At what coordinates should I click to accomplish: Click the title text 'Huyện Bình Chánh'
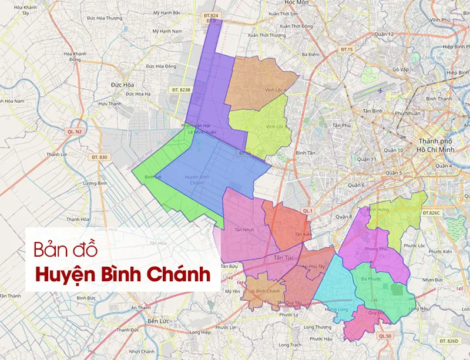point(122,274)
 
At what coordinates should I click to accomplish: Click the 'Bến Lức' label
point(159,321)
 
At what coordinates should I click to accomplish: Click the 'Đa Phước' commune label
point(372,279)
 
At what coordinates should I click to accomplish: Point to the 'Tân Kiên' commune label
point(303,234)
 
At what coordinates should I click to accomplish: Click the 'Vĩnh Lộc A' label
point(275,90)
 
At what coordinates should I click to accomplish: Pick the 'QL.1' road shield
point(307,210)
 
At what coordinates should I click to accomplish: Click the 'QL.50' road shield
point(385,335)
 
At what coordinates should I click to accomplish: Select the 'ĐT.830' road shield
point(99,157)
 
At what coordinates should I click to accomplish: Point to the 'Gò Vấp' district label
point(401,69)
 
